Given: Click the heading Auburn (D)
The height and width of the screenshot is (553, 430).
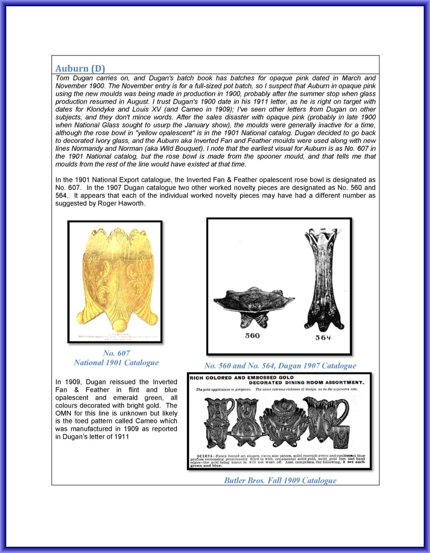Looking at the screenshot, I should coord(80,68).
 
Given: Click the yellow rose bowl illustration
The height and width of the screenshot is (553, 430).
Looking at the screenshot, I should coord(115,279).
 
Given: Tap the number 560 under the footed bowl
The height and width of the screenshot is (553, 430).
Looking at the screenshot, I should coord(252,336).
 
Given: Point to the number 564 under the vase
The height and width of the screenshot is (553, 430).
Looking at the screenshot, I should coord(323,337).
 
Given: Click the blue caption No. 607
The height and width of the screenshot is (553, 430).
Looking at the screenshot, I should coord(116,353).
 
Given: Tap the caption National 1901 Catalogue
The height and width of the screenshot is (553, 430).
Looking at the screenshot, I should coord(116,363).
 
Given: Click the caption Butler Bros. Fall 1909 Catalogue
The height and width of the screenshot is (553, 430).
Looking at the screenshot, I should coord(280,480).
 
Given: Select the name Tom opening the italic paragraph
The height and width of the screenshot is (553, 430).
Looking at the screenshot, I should coord(62,78).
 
